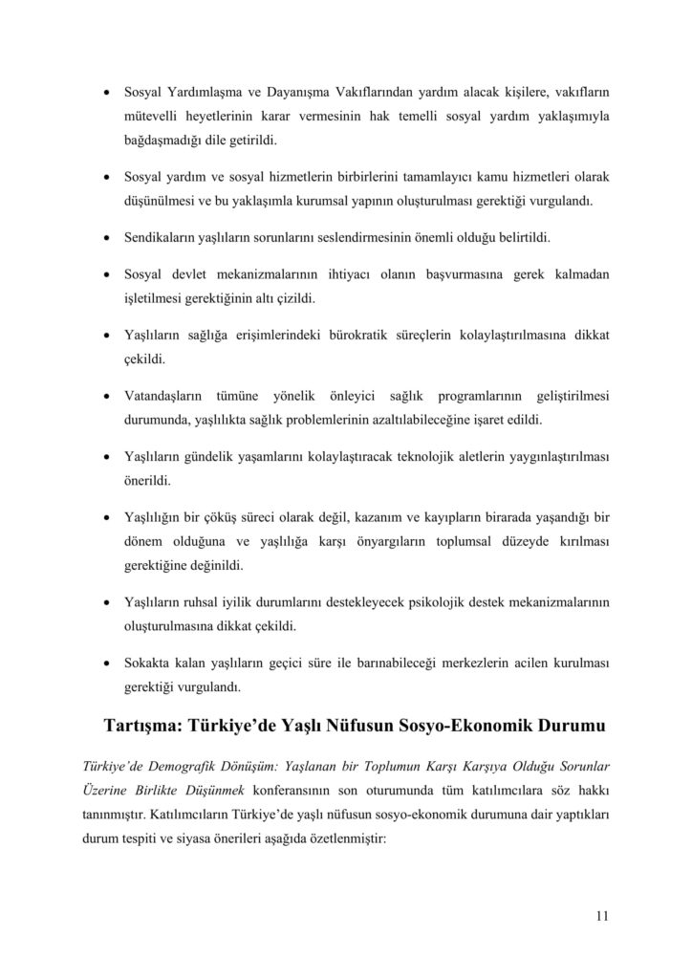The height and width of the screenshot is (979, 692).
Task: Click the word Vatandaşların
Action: (169, 396)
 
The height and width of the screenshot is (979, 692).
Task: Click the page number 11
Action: (601, 916)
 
